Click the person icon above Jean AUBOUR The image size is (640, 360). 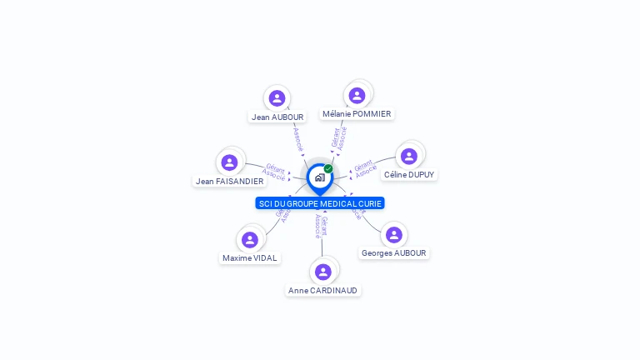(277, 98)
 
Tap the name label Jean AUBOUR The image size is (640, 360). (277, 117)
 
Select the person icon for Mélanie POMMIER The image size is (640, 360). (357, 96)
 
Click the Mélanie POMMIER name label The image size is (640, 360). (357, 114)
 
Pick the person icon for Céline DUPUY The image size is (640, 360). (408, 156)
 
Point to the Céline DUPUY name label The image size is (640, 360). (408, 175)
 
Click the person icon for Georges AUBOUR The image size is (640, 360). (394, 235)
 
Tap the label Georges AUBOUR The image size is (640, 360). (394, 253)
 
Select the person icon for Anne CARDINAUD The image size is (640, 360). (323, 272)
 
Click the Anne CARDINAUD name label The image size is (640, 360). (322, 291)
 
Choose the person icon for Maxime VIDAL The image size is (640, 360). (249, 240)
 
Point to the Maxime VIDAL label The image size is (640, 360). (250, 258)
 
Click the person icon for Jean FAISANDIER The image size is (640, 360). (229, 162)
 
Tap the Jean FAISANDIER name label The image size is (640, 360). (229, 182)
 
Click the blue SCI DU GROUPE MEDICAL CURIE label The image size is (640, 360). (320, 203)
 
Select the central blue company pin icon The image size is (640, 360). (319, 177)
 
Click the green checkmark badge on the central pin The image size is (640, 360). (328, 168)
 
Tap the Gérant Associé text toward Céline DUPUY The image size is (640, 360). (364, 169)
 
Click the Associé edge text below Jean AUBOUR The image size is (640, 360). (297, 138)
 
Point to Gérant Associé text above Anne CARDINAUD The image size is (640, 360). (321, 227)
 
